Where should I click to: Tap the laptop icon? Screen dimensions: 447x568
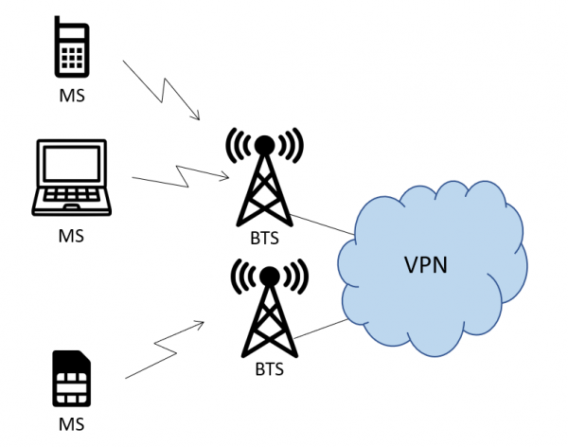[x=71, y=180]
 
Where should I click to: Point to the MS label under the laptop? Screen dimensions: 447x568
[x=71, y=235]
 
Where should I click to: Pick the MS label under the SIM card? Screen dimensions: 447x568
[x=71, y=424]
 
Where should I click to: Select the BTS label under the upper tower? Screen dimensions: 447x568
[x=265, y=239]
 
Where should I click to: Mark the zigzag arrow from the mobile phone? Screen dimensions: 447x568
[x=162, y=92]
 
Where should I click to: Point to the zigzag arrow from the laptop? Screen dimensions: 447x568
[x=180, y=176]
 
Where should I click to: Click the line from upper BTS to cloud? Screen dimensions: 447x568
[x=322, y=223]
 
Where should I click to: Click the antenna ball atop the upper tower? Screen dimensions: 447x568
[x=266, y=144]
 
